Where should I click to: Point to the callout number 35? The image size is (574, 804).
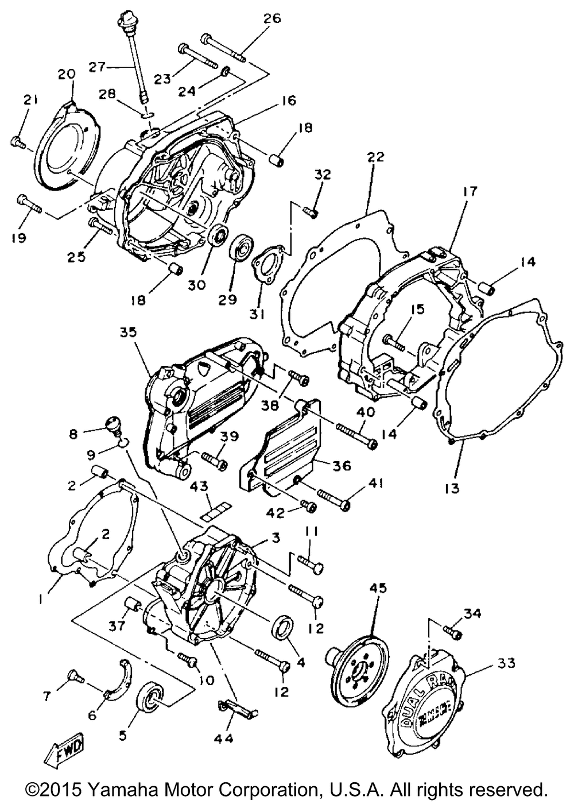click(x=129, y=333)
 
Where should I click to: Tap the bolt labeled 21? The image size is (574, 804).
click(x=18, y=141)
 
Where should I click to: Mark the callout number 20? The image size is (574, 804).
click(x=67, y=74)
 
